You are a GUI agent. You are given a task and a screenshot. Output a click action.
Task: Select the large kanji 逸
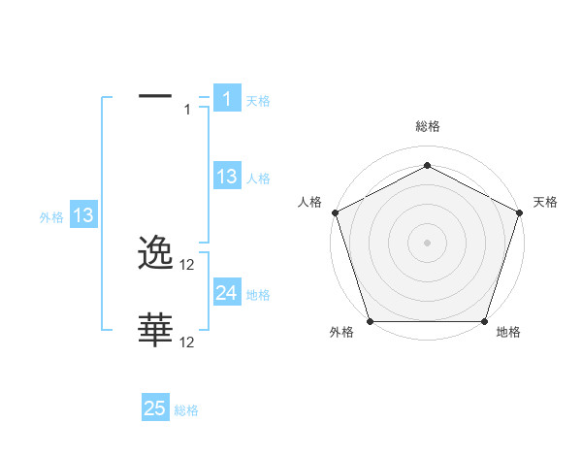pyautogui.click(x=156, y=254)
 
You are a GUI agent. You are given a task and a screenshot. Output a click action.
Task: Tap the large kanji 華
pyautogui.click(x=156, y=330)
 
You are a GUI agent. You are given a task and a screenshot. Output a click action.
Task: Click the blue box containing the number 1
pyautogui.click(x=226, y=99)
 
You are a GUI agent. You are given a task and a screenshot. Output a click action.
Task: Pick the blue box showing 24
pyautogui.click(x=226, y=293)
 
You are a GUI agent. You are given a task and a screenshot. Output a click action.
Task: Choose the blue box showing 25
pyautogui.click(x=155, y=408)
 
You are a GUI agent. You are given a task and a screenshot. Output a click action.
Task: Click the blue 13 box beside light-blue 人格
pyautogui.click(x=226, y=177)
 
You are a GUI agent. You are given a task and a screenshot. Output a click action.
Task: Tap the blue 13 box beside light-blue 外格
pyautogui.click(x=83, y=215)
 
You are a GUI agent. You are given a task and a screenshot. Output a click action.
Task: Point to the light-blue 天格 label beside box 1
pyautogui.click(x=258, y=100)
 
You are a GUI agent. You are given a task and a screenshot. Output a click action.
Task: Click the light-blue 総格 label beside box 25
pyautogui.click(x=186, y=410)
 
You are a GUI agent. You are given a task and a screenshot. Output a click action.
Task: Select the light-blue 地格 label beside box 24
pyautogui.click(x=258, y=294)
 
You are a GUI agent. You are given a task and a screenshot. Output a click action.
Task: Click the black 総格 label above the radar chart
pyautogui.click(x=427, y=126)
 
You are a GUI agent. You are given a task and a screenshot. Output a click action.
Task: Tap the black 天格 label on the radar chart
pyautogui.click(x=545, y=202)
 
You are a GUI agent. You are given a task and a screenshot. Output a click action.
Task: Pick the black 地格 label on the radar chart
pyautogui.click(x=508, y=333)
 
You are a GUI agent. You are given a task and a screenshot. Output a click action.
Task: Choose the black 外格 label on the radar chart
pyautogui.click(x=341, y=333)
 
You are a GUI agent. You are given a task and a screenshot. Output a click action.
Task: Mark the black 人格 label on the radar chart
pyautogui.click(x=309, y=202)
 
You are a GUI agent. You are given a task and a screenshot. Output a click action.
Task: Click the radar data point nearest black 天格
pyautogui.click(x=520, y=212)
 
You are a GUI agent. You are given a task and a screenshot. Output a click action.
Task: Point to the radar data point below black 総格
pyautogui.click(x=427, y=166)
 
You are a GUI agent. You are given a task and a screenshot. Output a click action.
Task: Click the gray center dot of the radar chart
pyautogui.click(x=427, y=242)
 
